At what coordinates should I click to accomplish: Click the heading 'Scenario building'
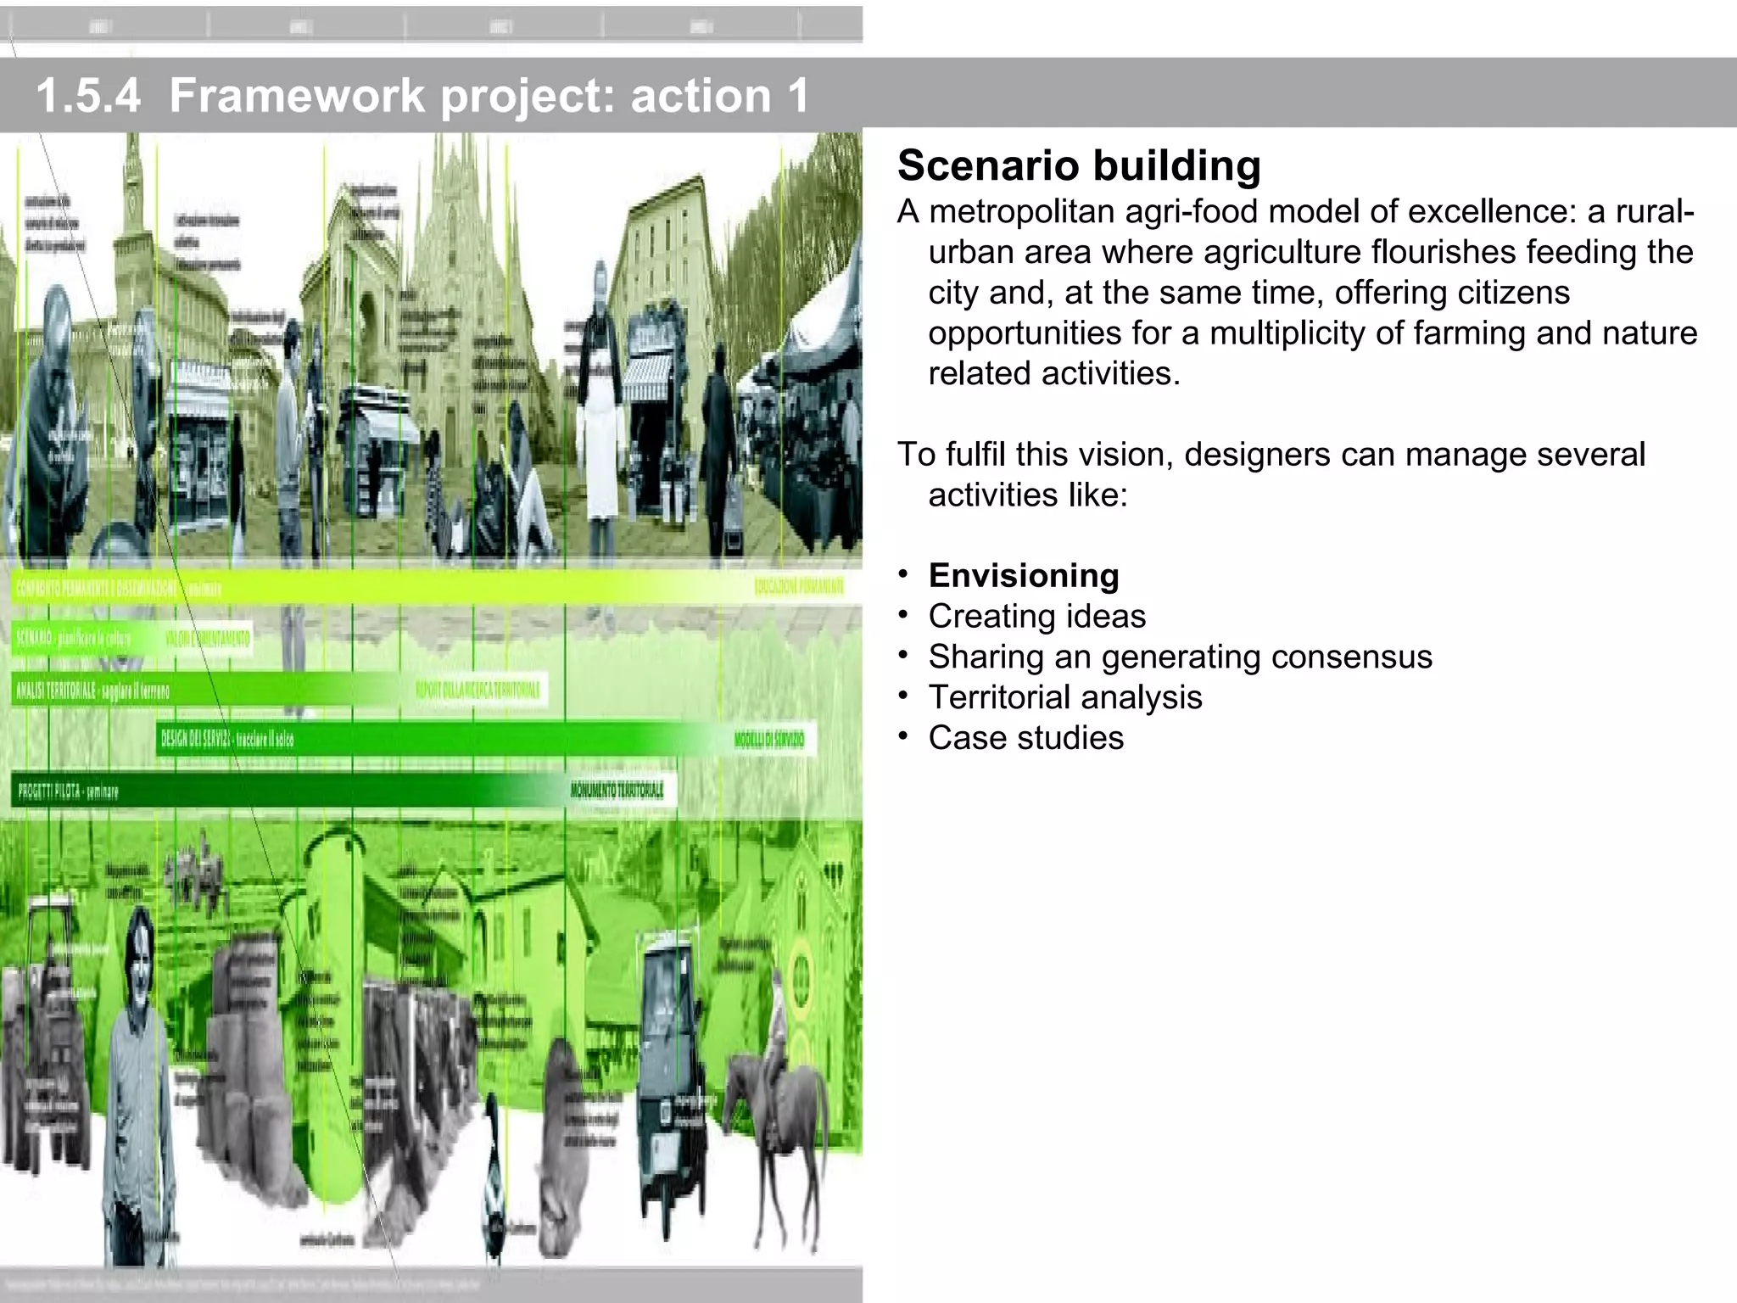click(x=1079, y=165)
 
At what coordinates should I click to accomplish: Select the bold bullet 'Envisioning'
click(x=1024, y=575)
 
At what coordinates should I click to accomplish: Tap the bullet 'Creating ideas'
click(x=1036, y=616)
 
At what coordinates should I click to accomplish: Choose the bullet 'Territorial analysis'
click(x=1065, y=697)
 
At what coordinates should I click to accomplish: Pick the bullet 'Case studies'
click(x=1025, y=738)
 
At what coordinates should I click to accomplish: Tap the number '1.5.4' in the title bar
click(x=88, y=95)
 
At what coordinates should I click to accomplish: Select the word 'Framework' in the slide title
click(x=297, y=95)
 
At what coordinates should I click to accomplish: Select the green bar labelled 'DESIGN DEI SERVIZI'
click(x=424, y=739)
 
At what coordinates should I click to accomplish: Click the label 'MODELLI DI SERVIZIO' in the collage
click(x=768, y=740)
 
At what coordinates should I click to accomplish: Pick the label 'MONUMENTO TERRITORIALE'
click(x=617, y=791)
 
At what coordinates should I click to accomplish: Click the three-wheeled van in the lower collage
click(x=670, y=1069)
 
